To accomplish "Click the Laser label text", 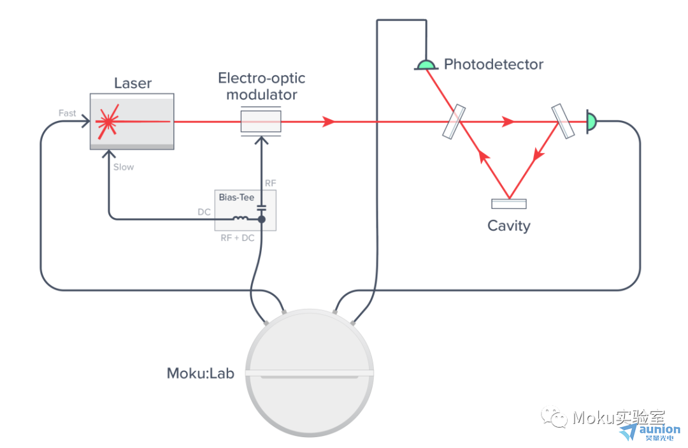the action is pyautogui.click(x=133, y=83).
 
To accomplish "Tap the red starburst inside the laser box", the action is pyautogui.click(x=108, y=122).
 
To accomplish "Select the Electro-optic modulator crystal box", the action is pyautogui.click(x=261, y=122).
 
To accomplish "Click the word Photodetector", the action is pyautogui.click(x=494, y=64).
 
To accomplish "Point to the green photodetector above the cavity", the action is pyautogui.click(x=426, y=65).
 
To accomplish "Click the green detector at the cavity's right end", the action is pyautogui.click(x=591, y=122).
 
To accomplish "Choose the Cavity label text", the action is pyautogui.click(x=508, y=226).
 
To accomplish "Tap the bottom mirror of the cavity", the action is pyautogui.click(x=509, y=203).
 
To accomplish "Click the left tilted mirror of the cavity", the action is pyautogui.click(x=454, y=122).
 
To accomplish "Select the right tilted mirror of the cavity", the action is pyautogui.click(x=563, y=121).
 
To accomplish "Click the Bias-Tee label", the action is pyautogui.click(x=236, y=198).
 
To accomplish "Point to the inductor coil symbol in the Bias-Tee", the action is pyautogui.click(x=240, y=218).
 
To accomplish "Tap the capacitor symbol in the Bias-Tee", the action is pyautogui.click(x=262, y=208).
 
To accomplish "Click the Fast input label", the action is pyautogui.click(x=67, y=113).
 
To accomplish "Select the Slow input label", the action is pyautogui.click(x=124, y=167).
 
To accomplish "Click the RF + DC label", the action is pyautogui.click(x=238, y=238).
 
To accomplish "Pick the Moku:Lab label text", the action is pyautogui.click(x=201, y=373).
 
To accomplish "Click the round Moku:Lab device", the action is pyautogui.click(x=310, y=373).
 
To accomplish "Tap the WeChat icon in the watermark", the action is pyautogui.click(x=554, y=416).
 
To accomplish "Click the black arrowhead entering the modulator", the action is pyautogui.click(x=262, y=140).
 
